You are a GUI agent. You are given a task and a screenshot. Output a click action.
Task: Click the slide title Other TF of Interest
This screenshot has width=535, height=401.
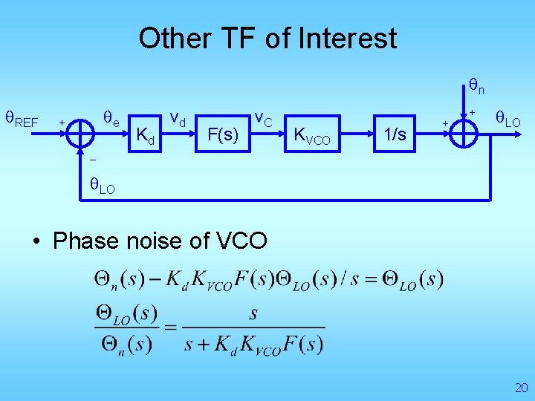(x=267, y=38)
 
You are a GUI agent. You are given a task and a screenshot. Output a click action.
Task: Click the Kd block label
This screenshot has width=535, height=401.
(x=147, y=136)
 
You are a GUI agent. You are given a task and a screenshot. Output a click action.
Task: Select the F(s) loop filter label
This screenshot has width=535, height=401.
(x=223, y=135)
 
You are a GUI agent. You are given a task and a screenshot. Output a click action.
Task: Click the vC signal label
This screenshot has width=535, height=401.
(x=264, y=118)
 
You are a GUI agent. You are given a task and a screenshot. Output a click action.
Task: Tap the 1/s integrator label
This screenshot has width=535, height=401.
(x=395, y=134)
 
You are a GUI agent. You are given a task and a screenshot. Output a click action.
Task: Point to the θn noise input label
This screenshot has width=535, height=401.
(x=476, y=87)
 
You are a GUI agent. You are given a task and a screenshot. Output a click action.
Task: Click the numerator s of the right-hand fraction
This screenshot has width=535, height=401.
(x=253, y=314)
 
